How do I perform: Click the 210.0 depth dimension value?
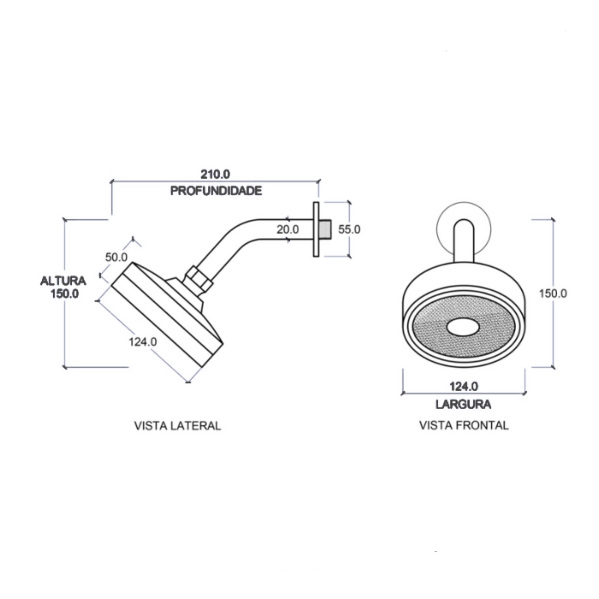tap(216, 175)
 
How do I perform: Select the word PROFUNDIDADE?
tap(216, 190)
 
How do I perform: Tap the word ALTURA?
tap(64, 280)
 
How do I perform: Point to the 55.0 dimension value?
tap(349, 229)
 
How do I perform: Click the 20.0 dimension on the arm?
tap(288, 229)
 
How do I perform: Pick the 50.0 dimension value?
tap(116, 257)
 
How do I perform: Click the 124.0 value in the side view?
tap(143, 341)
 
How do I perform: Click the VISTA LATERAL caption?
tap(177, 425)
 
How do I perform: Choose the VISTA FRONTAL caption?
tap(464, 425)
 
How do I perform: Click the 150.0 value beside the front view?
tap(553, 293)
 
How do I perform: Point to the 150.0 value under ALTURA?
tap(64, 294)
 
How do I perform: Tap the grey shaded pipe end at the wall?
tap(327, 228)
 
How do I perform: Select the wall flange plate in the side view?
tap(316, 228)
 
